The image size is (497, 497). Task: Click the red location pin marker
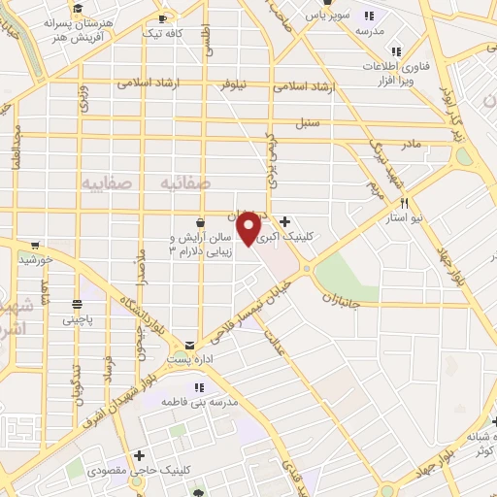(249, 229)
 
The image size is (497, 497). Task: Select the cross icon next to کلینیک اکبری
(284, 221)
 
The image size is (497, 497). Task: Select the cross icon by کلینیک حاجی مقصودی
(140, 454)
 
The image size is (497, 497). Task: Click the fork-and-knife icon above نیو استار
(404, 204)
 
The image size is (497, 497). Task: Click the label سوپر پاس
(328, 17)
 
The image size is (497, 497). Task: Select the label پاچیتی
(81, 318)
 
